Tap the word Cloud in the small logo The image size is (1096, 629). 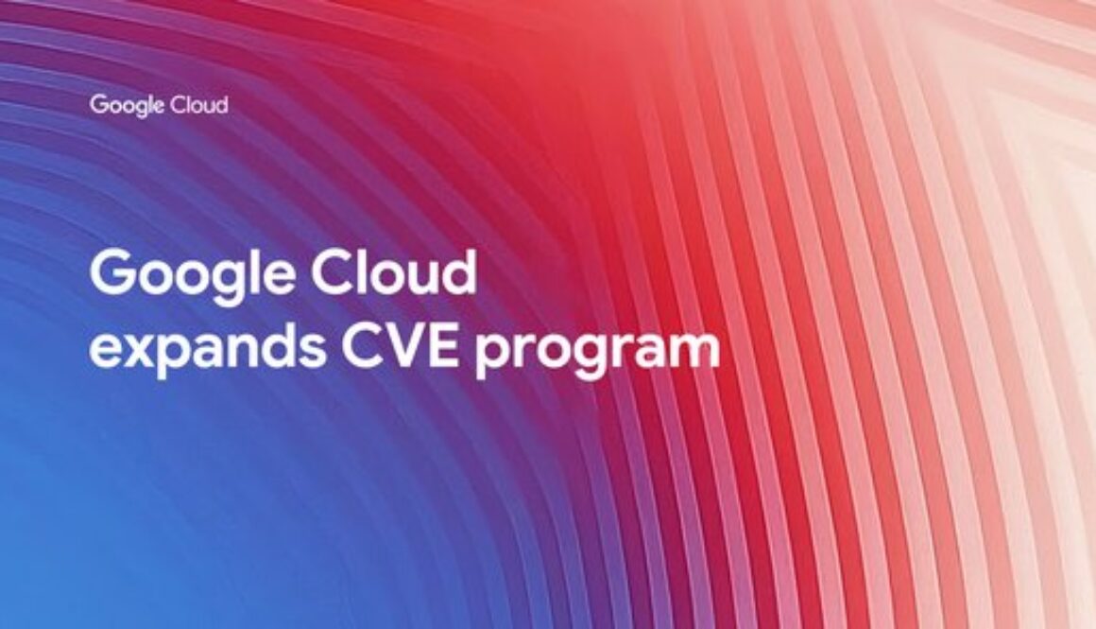(198, 104)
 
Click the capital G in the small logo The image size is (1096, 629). (97, 104)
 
